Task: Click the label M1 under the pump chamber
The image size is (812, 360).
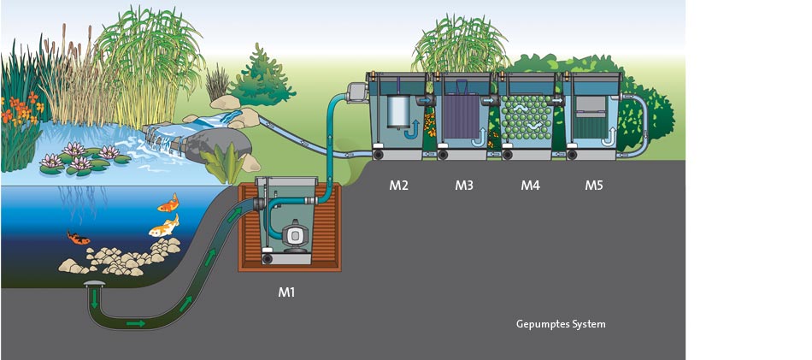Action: point(286,292)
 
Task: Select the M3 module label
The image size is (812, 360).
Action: point(464,185)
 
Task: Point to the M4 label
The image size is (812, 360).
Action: point(530,185)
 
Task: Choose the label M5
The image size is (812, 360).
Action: point(594,185)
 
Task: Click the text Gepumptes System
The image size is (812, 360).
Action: point(561,324)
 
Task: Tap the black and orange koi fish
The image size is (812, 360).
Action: point(79,239)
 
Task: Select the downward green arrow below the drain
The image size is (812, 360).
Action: point(94,300)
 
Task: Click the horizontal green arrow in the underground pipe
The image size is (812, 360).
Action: point(135,323)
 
